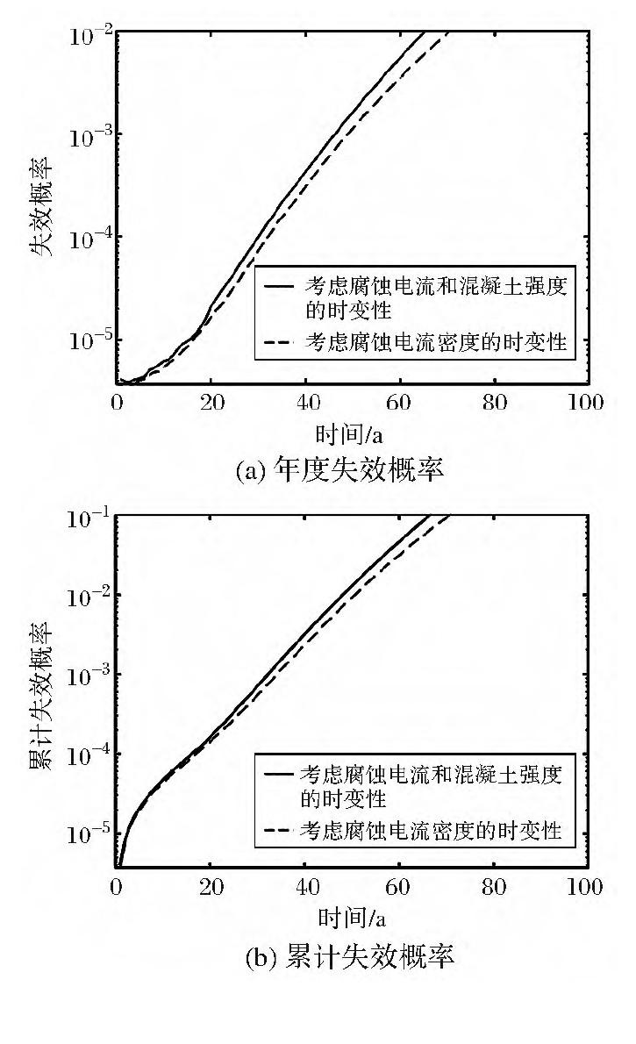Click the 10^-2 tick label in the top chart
[x=87, y=35]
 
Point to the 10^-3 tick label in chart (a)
[x=87, y=136]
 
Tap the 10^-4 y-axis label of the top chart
[x=87, y=239]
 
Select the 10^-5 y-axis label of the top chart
[x=87, y=340]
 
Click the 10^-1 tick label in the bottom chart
[x=87, y=519]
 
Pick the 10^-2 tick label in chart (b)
[x=87, y=597]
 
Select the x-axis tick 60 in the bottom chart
[x=400, y=887]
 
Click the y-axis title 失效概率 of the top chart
[x=44, y=206]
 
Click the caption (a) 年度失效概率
[x=339, y=470]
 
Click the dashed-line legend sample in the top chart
[x=279, y=344]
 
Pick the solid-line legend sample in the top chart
[x=279, y=287]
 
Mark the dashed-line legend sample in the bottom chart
[x=279, y=829]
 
